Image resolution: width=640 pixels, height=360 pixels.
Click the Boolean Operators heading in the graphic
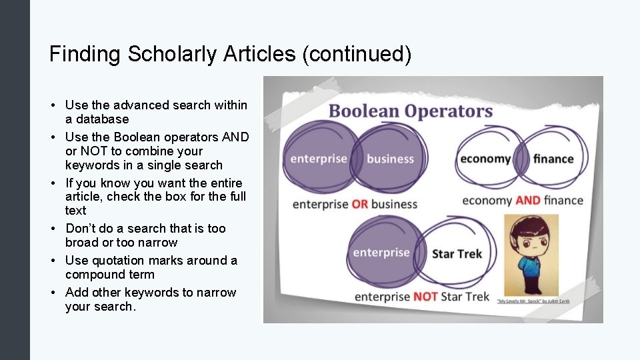point(411,111)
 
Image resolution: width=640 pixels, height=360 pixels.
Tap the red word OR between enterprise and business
point(359,204)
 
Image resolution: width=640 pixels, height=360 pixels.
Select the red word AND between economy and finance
point(527,200)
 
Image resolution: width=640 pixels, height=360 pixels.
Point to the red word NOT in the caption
point(425,297)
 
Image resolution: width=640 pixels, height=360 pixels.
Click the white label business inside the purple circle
point(390,159)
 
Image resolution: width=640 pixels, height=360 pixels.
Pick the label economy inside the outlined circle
point(485,159)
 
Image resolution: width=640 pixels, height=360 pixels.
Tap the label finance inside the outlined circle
point(553,159)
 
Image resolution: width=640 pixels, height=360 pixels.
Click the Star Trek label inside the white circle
point(457,254)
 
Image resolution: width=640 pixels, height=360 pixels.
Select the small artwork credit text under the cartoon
point(533,301)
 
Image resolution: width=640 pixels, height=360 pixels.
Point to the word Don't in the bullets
point(81,229)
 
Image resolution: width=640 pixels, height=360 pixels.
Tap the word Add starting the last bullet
point(77,293)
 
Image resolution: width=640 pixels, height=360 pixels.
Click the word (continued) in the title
point(357,54)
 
